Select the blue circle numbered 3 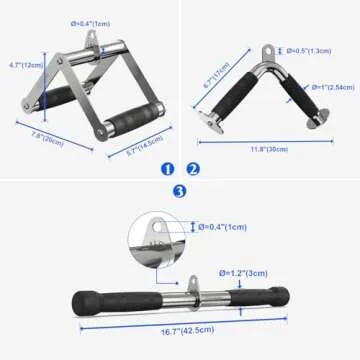179,191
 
